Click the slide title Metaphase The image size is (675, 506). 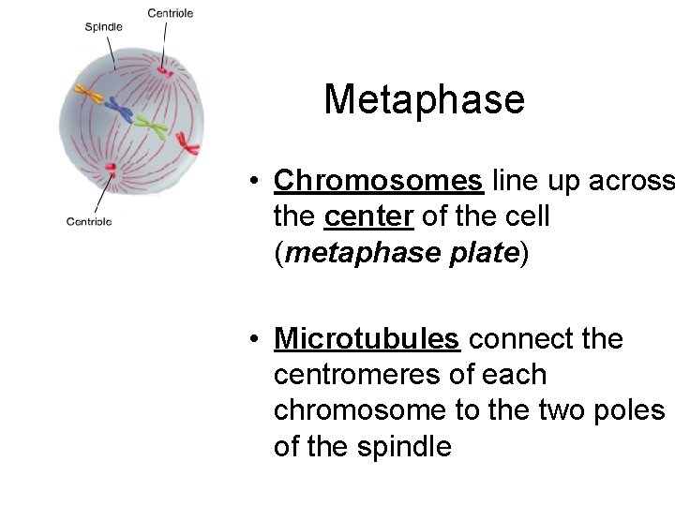point(424,99)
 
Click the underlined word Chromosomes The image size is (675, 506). point(378,180)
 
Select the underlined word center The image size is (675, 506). point(368,216)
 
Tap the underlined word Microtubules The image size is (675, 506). point(366,338)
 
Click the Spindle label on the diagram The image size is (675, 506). point(103,27)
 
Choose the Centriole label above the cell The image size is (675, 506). point(171,12)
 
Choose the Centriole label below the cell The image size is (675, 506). point(89,221)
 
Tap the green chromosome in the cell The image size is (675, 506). point(150,125)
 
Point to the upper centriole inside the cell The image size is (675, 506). point(165,69)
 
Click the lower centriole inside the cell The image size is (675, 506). point(112,171)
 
